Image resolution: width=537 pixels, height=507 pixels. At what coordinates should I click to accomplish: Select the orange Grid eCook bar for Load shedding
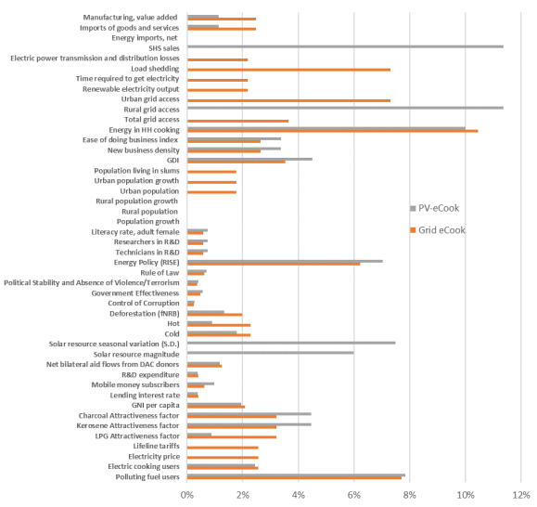pyautogui.click(x=288, y=70)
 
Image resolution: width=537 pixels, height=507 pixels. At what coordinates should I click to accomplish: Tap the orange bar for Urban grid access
pyautogui.click(x=288, y=100)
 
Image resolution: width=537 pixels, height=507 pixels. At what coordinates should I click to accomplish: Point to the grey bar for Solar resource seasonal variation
pyautogui.click(x=291, y=343)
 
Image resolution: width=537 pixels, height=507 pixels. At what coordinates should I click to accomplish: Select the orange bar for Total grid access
pyautogui.click(x=237, y=121)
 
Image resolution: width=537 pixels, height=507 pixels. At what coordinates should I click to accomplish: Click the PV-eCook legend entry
pyautogui.click(x=436, y=208)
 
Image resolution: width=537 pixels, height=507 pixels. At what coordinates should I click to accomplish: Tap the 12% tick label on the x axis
pyautogui.click(x=520, y=495)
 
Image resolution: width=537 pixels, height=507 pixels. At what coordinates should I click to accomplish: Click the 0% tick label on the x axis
pyautogui.click(x=187, y=495)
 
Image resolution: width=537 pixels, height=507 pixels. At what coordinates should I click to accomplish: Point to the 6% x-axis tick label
pyautogui.click(x=353, y=495)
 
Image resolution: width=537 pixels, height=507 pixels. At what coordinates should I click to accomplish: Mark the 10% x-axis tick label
pyautogui.click(x=465, y=495)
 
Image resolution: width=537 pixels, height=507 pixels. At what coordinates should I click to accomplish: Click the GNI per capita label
pyautogui.click(x=153, y=405)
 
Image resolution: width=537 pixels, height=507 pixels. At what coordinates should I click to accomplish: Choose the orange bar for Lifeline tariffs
pyautogui.click(x=223, y=448)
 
